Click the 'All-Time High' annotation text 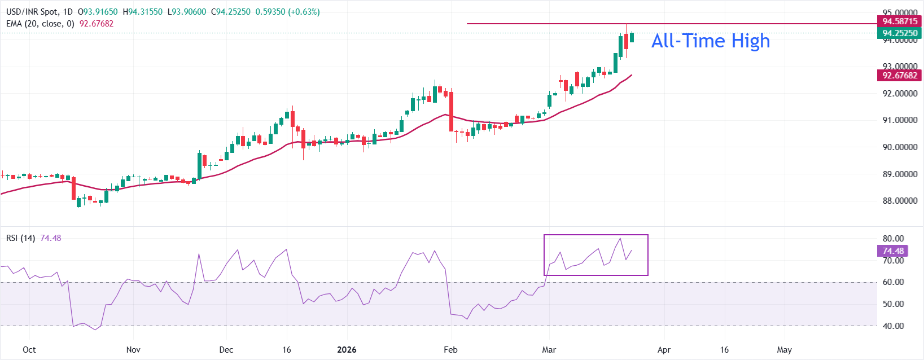coord(710,41)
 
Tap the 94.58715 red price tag coord(900,21)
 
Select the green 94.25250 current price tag coord(900,33)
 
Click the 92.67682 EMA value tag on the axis coord(900,76)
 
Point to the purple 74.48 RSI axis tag coord(893,251)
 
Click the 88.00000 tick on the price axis coord(900,201)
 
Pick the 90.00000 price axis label coord(900,147)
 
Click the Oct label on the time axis coord(29,350)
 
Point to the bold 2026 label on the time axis coord(347,350)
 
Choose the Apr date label coord(664,350)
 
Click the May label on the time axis coord(784,350)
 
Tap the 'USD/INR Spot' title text coord(32,12)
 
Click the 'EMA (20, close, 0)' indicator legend coord(40,24)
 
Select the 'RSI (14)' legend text coord(20,238)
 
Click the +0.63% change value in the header coord(304,12)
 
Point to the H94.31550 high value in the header coord(142,12)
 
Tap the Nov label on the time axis coord(133,350)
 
